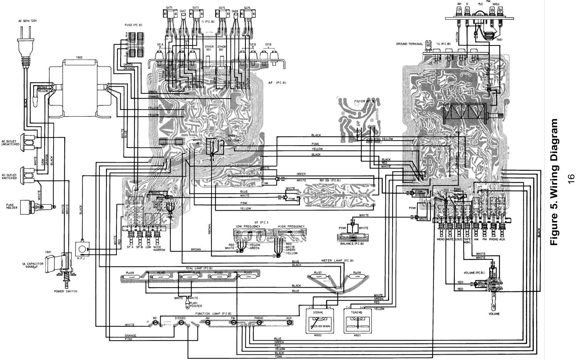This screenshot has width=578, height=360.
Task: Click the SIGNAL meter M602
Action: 318,321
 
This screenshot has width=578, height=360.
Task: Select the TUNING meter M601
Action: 356,321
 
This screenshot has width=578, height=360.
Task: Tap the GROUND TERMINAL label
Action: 409,44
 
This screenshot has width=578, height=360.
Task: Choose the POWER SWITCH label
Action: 66,291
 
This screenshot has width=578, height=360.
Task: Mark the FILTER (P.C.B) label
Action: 363,101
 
